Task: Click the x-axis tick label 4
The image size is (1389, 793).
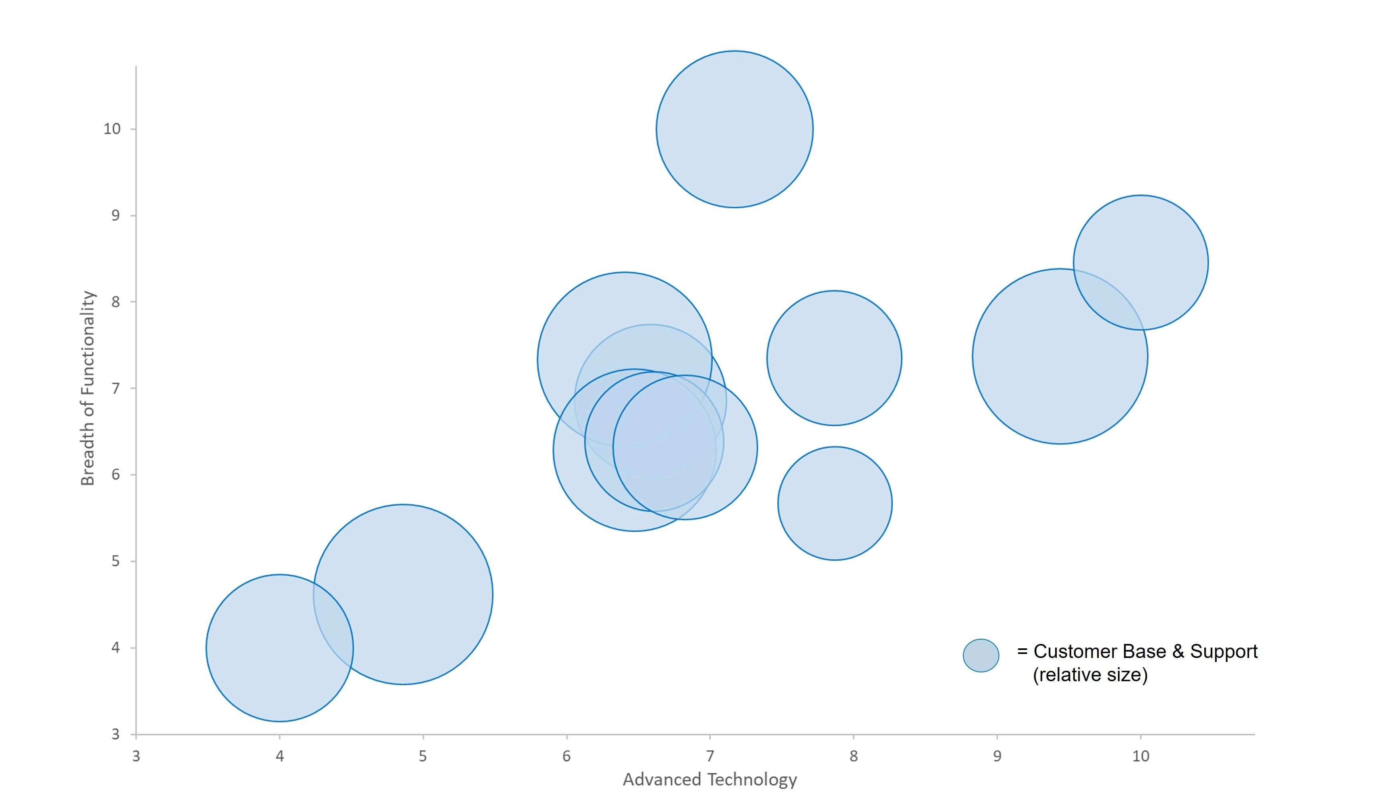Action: pos(279,756)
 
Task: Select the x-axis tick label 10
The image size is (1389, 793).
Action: pos(1140,756)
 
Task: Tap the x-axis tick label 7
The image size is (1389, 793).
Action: pos(710,756)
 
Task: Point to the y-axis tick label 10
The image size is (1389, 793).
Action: pos(112,129)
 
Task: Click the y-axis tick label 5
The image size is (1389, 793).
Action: pos(115,561)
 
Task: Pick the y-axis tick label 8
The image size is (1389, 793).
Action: pos(115,302)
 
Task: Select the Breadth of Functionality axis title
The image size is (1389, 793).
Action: pos(88,388)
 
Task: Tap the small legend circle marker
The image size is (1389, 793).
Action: pos(981,655)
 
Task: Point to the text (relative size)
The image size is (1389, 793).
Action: pos(1090,675)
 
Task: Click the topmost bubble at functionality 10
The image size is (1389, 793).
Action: pos(734,129)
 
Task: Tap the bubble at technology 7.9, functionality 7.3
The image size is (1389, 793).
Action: pos(834,358)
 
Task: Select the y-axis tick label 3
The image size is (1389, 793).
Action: pos(115,734)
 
